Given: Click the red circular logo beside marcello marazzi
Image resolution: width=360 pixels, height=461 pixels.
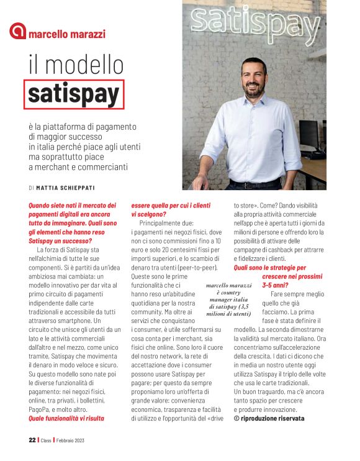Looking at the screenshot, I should point(18,31).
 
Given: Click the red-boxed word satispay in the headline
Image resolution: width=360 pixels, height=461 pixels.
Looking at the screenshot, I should point(74,94).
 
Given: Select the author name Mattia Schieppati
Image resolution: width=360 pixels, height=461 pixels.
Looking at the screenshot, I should point(68,187).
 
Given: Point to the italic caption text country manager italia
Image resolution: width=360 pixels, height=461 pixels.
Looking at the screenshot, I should point(229,299).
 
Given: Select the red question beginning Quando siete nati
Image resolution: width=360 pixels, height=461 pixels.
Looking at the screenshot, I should point(72,205).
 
